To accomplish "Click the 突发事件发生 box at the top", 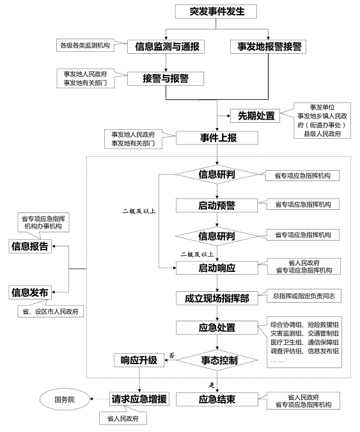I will (x=217, y=12).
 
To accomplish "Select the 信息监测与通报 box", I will (x=166, y=47).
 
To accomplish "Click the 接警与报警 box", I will (x=166, y=79).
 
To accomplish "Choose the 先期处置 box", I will (x=256, y=116).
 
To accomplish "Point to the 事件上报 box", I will (x=217, y=138).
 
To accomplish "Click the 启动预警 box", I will (x=217, y=205).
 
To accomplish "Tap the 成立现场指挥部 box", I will (x=217, y=298).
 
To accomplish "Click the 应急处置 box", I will (x=217, y=328).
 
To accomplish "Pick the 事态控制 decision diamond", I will (x=217, y=360).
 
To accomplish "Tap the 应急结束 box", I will (x=217, y=399).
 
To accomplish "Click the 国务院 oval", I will (x=63, y=399).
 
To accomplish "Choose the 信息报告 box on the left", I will (x=29, y=247).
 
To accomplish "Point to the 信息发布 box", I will (x=29, y=292).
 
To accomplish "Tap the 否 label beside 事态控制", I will (x=172, y=355).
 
